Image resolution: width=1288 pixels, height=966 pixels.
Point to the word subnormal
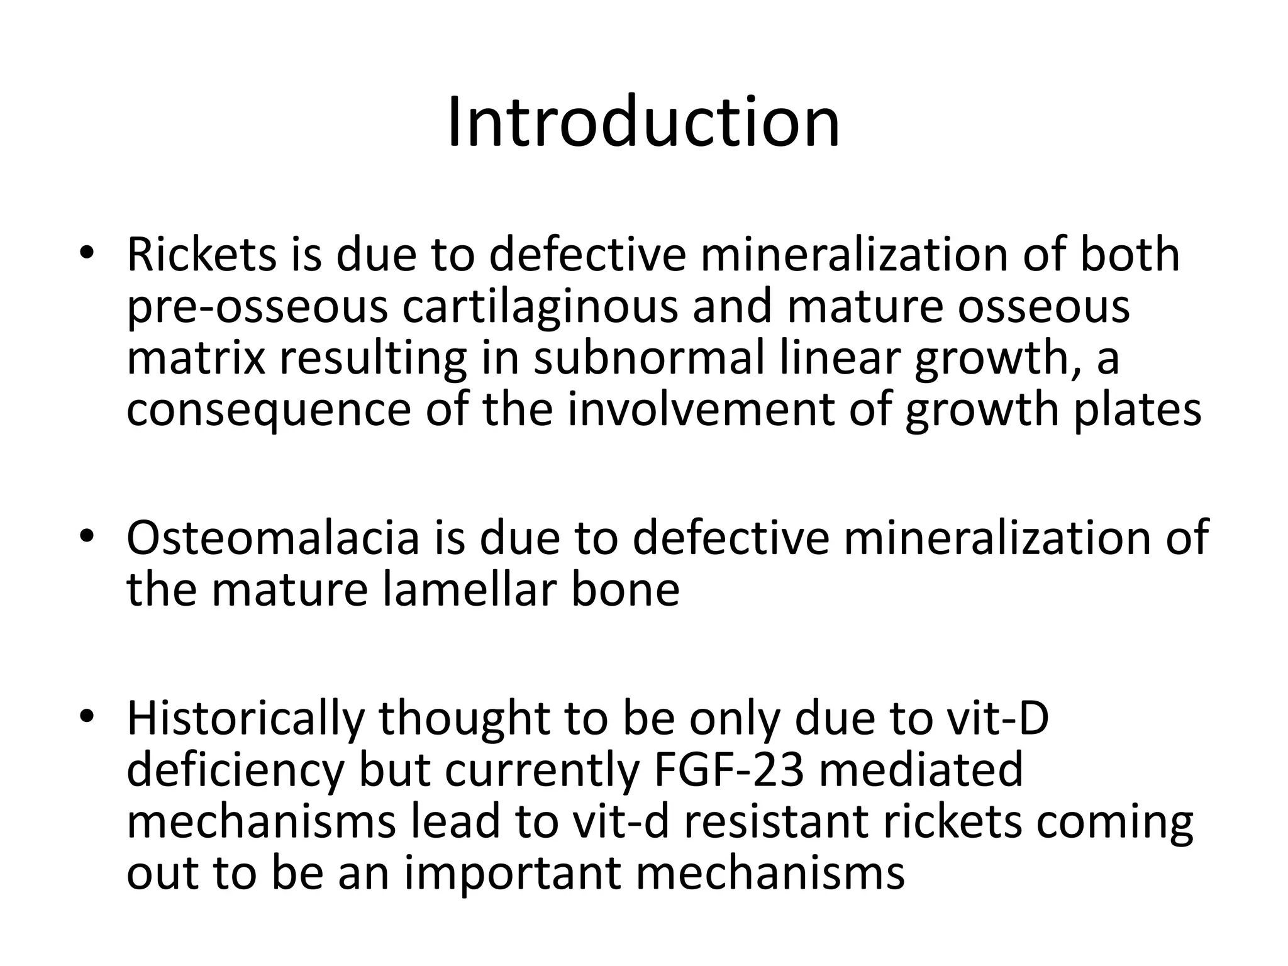[649, 358]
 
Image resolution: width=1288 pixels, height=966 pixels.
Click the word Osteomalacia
[272, 538]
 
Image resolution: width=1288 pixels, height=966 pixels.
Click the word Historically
[245, 719]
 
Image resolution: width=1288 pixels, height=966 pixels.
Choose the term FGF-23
[729, 770]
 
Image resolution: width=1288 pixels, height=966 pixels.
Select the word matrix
[196, 358]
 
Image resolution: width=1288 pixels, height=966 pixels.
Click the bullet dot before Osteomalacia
[87, 535]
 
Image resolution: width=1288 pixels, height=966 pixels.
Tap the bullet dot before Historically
[87, 716]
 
